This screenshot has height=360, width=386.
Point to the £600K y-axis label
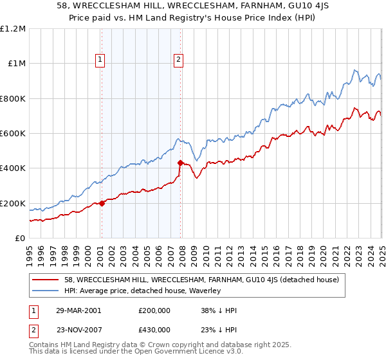click(13, 134)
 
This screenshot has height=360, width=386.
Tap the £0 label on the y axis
click(20, 239)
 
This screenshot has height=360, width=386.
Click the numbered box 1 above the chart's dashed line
click(101, 60)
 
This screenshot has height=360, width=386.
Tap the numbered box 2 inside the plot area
click(178, 60)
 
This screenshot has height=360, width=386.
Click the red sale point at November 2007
click(181, 163)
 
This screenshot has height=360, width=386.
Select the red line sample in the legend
click(46, 280)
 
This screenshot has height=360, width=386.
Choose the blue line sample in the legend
click(46, 291)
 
